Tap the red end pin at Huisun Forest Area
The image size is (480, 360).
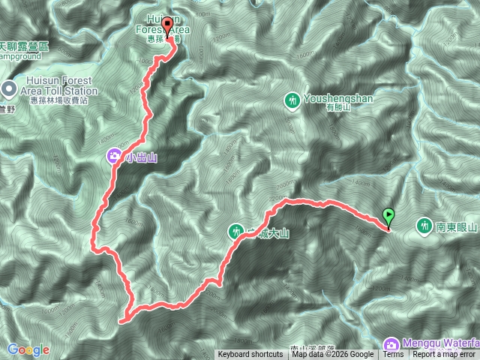pos(167,27)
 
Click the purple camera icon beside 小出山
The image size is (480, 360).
pos(113,157)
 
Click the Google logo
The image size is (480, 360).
pos(28,349)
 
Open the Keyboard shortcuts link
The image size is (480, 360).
pos(251,355)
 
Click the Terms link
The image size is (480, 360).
pos(393,355)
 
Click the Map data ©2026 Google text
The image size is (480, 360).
pos(333,355)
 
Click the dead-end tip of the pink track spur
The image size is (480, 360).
pos(120,320)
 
